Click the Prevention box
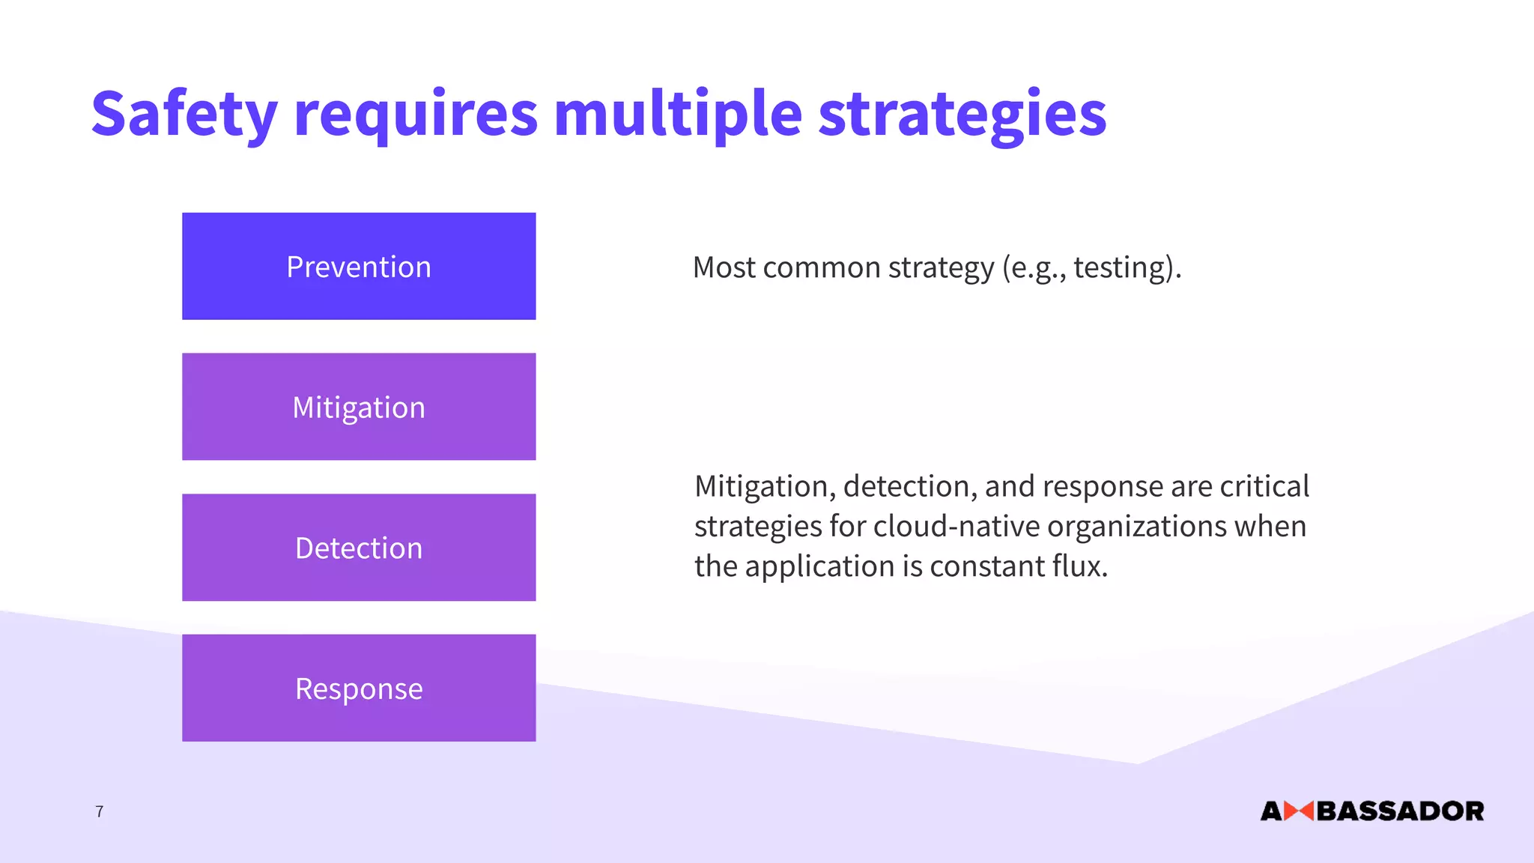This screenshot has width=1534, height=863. point(359,266)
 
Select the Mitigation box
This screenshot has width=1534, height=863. point(359,407)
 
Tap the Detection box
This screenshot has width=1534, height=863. point(359,548)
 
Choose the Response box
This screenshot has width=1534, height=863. point(359,688)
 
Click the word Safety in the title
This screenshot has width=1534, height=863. point(184,114)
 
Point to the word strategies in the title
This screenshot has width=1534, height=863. point(962,114)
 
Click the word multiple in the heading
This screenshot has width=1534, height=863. point(678,114)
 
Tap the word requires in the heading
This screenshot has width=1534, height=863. point(416,114)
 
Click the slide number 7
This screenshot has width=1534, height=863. point(100,811)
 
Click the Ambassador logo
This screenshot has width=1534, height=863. point(1372,811)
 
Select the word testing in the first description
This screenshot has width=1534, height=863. point(1121,267)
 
